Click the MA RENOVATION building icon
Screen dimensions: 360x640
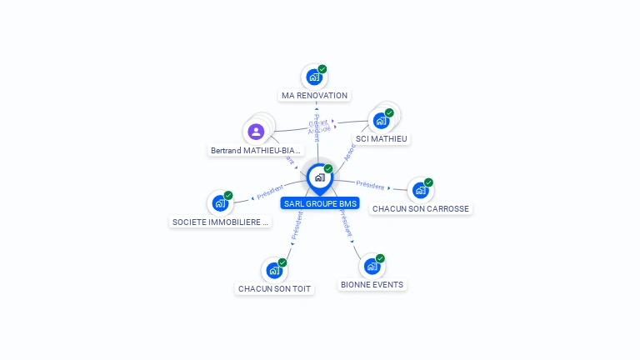[x=314, y=77]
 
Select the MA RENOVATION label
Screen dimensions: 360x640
[x=314, y=96]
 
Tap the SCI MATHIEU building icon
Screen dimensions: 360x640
[x=381, y=121]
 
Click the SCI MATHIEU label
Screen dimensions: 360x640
[x=382, y=139]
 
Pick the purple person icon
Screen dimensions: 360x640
[x=256, y=132]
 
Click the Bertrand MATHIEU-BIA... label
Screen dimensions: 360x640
[x=256, y=151]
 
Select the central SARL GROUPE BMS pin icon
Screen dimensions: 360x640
[x=319, y=177]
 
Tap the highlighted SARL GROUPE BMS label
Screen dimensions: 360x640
[x=320, y=203]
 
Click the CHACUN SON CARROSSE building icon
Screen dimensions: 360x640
[x=420, y=191]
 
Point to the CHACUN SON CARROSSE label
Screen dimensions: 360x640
[x=421, y=209]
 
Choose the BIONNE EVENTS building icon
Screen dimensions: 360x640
[x=372, y=267]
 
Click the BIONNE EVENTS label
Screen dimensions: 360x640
[x=372, y=285]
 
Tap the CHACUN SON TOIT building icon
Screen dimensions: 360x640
[x=274, y=271]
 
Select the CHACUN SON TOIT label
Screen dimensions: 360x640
[x=274, y=289]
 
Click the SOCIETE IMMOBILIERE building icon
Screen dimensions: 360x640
[x=220, y=203]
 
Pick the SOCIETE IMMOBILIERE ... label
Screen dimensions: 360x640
[x=220, y=222]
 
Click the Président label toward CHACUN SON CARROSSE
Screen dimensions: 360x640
[x=370, y=185]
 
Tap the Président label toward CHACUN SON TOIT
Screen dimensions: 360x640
[x=295, y=230]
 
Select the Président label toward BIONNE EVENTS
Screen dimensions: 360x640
[x=347, y=227]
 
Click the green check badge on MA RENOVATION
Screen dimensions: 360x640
[x=322, y=69]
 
